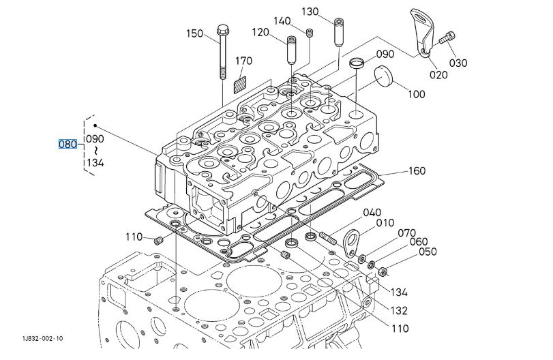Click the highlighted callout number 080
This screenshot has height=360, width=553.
pyautogui.click(x=68, y=145)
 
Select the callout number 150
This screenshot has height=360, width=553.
pyautogui.click(x=195, y=33)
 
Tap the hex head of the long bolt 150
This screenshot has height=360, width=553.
pyautogui.click(x=223, y=29)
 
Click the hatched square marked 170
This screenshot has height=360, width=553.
pyautogui.click(x=240, y=86)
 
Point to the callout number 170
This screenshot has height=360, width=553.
pyautogui.click(x=243, y=61)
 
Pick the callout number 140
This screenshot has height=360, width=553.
pyautogui.click(x=282, y=21)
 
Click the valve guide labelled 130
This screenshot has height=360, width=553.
pyautogui.click(x=338, y=32)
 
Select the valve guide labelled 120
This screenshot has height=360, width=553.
pyautogui.click(x=291, y=50)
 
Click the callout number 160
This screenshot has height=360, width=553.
pyautogui.click(x=417, y=170)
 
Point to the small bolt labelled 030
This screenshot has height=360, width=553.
pyautogui.click(x=447, y=38)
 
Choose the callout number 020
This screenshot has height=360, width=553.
pyautogui.click(x=438, y=75)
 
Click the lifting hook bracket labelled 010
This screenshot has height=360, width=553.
pyautogui.click(x=350, y=243)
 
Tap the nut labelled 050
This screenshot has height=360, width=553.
pyautogui.click(x=383, y=271)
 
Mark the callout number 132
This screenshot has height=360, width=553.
pyautogui.click(x=399, y=310)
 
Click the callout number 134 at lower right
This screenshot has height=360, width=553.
pyautogui.click(x=399, y=292)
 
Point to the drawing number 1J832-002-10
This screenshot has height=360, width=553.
pyautogui.click(x=43, y=338)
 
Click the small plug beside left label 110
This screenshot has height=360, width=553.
pyautogui.click(x=158, y=241)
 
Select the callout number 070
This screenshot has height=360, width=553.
pyautogui.click(x=406, y=233)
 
